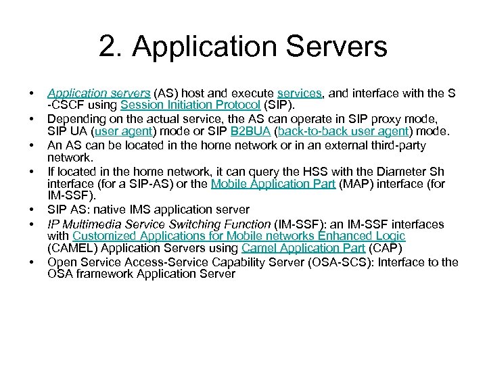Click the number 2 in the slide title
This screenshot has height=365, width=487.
coord(106,47)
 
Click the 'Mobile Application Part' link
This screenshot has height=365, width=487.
coord(273,184)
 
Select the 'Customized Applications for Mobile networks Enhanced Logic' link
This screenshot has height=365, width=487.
coord(239,236)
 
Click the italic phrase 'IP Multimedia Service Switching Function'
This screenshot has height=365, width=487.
coord(158,223)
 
